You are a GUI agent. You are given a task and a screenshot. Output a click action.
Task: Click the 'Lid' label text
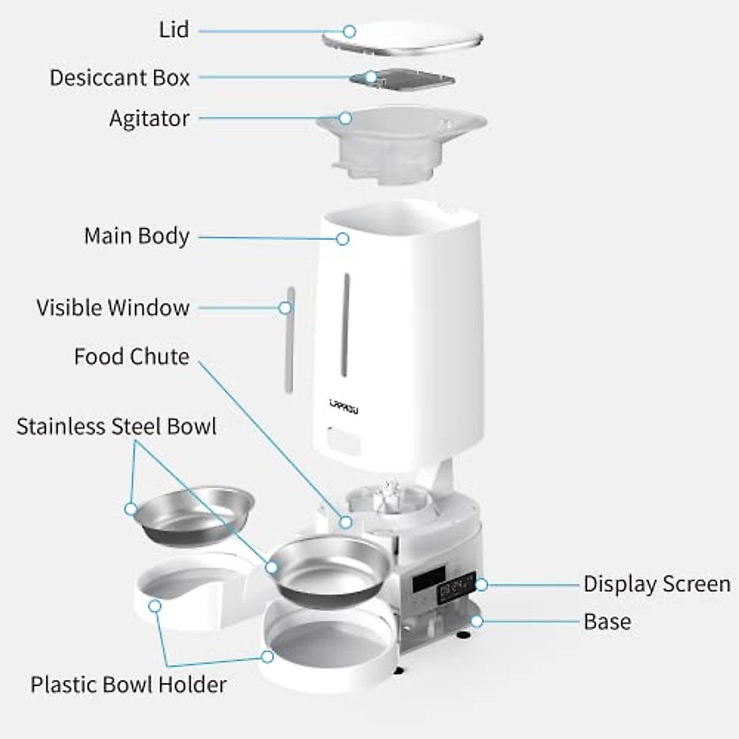click(174, 30)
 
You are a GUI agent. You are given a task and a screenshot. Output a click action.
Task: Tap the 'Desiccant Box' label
click(119, 78)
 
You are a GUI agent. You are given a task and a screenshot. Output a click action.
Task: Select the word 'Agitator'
click(149, 118)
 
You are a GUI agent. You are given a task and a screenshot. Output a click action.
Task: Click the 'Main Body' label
click(136, 236)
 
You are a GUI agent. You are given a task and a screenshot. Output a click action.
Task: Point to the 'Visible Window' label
click(113, 307)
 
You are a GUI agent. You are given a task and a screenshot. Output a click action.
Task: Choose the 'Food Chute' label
click(131, 357)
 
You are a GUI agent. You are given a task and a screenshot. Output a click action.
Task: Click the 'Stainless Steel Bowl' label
click(116, 427)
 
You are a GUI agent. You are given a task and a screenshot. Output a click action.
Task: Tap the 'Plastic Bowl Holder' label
click(128, 684)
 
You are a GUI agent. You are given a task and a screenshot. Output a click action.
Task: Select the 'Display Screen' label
click(656, 584)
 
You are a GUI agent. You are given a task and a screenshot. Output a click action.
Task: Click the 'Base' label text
click(607, 621)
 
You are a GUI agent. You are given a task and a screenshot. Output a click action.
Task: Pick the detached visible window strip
click(289, 339)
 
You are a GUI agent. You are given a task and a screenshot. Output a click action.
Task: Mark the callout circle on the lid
click(349, 31)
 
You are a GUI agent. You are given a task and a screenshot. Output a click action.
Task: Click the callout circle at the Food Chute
click(346, 522)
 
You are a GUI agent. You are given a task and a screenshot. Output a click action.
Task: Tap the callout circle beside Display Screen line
click(482, 584)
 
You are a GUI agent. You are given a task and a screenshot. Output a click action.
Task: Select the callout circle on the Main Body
click(342, 238)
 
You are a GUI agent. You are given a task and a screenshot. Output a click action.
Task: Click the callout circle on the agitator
click(345, 118)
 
